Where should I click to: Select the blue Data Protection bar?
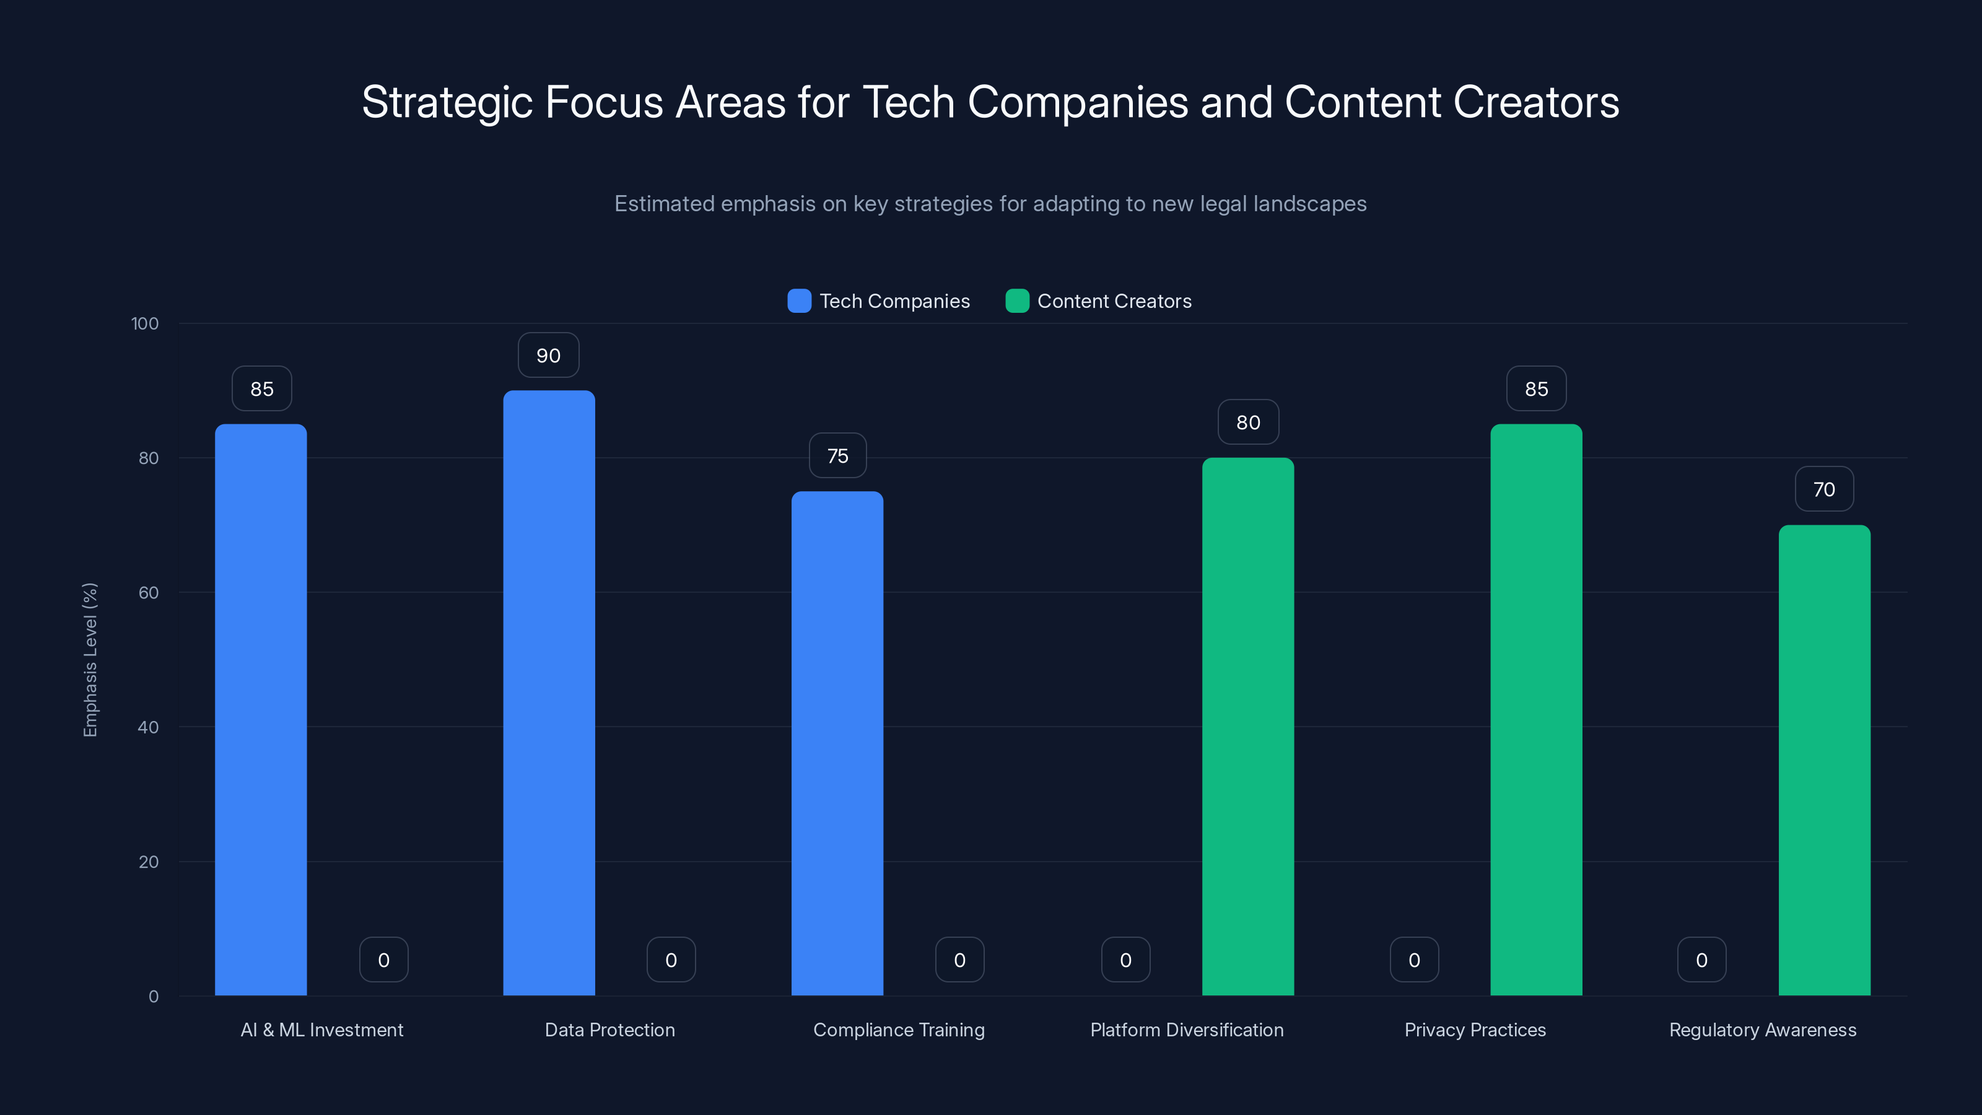coord(549,693)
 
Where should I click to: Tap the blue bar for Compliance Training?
coord(837,743)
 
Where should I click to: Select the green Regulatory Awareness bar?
coord(1824,759)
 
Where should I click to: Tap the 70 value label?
coord(1824,489)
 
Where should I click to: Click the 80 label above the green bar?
coord(1248,422)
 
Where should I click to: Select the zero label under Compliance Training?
coord(959,960)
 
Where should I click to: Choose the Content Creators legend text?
coord(1114,301)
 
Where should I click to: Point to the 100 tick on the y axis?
coord(145,323)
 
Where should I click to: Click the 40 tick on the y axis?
coord(148,727)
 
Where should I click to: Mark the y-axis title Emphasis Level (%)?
coord(90,660)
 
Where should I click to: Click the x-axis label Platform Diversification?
coord(1187,1030)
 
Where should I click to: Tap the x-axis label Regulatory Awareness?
coord(1763,1030)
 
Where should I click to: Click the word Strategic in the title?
coord(447,102)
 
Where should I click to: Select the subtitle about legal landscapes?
coord(990,204)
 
